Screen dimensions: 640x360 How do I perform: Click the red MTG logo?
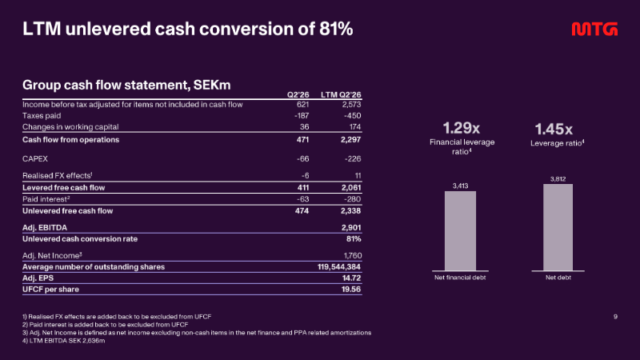click(x=594, y=29)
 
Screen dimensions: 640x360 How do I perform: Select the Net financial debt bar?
click(x=460, y=230)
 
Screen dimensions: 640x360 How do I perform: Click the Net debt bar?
click(x=558, y=227)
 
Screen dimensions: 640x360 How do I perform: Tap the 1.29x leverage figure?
click(x=462, y=128)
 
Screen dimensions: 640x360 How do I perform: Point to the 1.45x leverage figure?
click(x=554, y=130)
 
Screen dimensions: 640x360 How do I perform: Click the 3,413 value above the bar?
click(x=461, y=186)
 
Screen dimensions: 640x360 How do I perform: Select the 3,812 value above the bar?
click(x=558, y=179)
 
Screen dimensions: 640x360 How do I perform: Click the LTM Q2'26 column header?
click(x=341, y=94)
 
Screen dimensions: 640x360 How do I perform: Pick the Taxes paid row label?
click(x=42, y=116)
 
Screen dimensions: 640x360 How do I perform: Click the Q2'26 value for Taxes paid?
click(x=302, y=116)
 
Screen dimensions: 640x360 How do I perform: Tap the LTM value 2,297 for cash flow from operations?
click(x=351, y=139)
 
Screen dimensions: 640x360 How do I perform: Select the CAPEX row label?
click(x=35, y=158)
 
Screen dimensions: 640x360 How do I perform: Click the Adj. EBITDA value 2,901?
click(x=351, y=228)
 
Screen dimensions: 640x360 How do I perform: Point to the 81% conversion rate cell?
click(x=354, y=239)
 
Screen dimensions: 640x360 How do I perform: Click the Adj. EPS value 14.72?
click(x=351, y=278)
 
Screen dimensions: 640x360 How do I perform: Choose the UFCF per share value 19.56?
click(x=351, y=290)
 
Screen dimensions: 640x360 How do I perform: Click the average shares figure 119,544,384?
click(x=339, y=267)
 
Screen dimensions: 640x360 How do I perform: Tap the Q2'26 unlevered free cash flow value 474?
click(x=302, y=211)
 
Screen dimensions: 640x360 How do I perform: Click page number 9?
click(x=615, y=317)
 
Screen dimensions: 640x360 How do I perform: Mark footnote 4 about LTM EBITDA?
click(x=64, y=341)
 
